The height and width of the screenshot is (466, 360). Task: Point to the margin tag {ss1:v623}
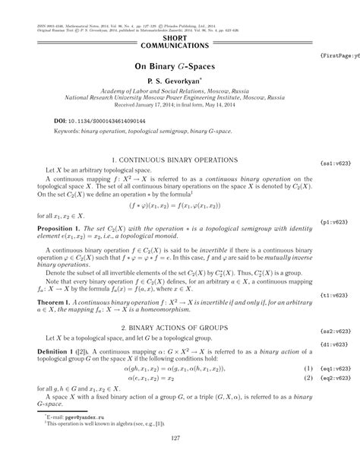[335, 162]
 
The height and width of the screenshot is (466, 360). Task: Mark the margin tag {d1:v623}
[335, 322]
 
